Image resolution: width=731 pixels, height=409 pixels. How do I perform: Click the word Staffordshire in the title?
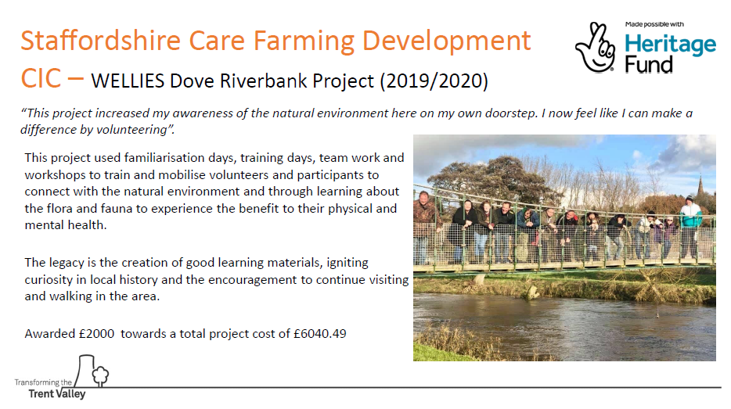tap(101, 41)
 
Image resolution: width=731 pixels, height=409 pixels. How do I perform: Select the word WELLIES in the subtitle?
tap(128, 81)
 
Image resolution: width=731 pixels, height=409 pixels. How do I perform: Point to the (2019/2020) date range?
tap(434, 81)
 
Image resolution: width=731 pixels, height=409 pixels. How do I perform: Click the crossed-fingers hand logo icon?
tap(596, 48)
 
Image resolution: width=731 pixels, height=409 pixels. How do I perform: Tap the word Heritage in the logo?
tap(671, 45)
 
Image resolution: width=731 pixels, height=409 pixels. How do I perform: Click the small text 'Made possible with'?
tap(654, 24)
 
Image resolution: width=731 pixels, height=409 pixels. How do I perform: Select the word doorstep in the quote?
tap(511, 113)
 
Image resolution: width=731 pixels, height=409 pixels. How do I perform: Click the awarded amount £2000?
tap(96, 334)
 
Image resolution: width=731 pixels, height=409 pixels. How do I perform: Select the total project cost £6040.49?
tap(320, 334)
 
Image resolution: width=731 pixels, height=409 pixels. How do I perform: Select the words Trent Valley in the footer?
tap(57, 394)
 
